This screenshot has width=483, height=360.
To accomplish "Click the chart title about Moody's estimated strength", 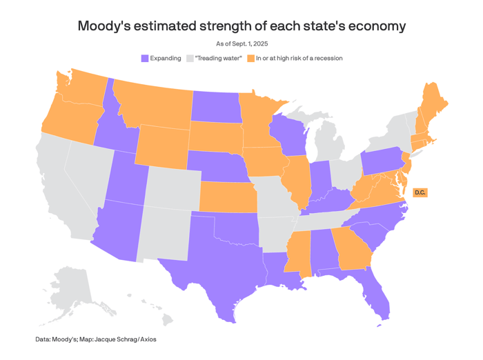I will pyautogui.click(x=241, y=26).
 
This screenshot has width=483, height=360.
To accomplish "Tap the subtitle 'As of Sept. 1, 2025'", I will pyautogui.click(x=241, y=44).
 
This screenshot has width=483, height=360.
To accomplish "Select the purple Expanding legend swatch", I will pyautogui.click(x=145, y=59).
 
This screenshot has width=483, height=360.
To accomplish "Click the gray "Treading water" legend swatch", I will pyautogui.click(x=190, y=59).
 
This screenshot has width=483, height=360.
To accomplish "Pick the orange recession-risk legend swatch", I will pyautogui.click(x=251, y=59).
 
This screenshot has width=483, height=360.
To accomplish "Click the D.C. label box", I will pyautogui.click(x=420, y=192).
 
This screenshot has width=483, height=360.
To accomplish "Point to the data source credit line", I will pyautogui.click(x=101, y=339).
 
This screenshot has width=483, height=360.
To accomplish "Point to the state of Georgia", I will pyautogui.click(x=352, y=248).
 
